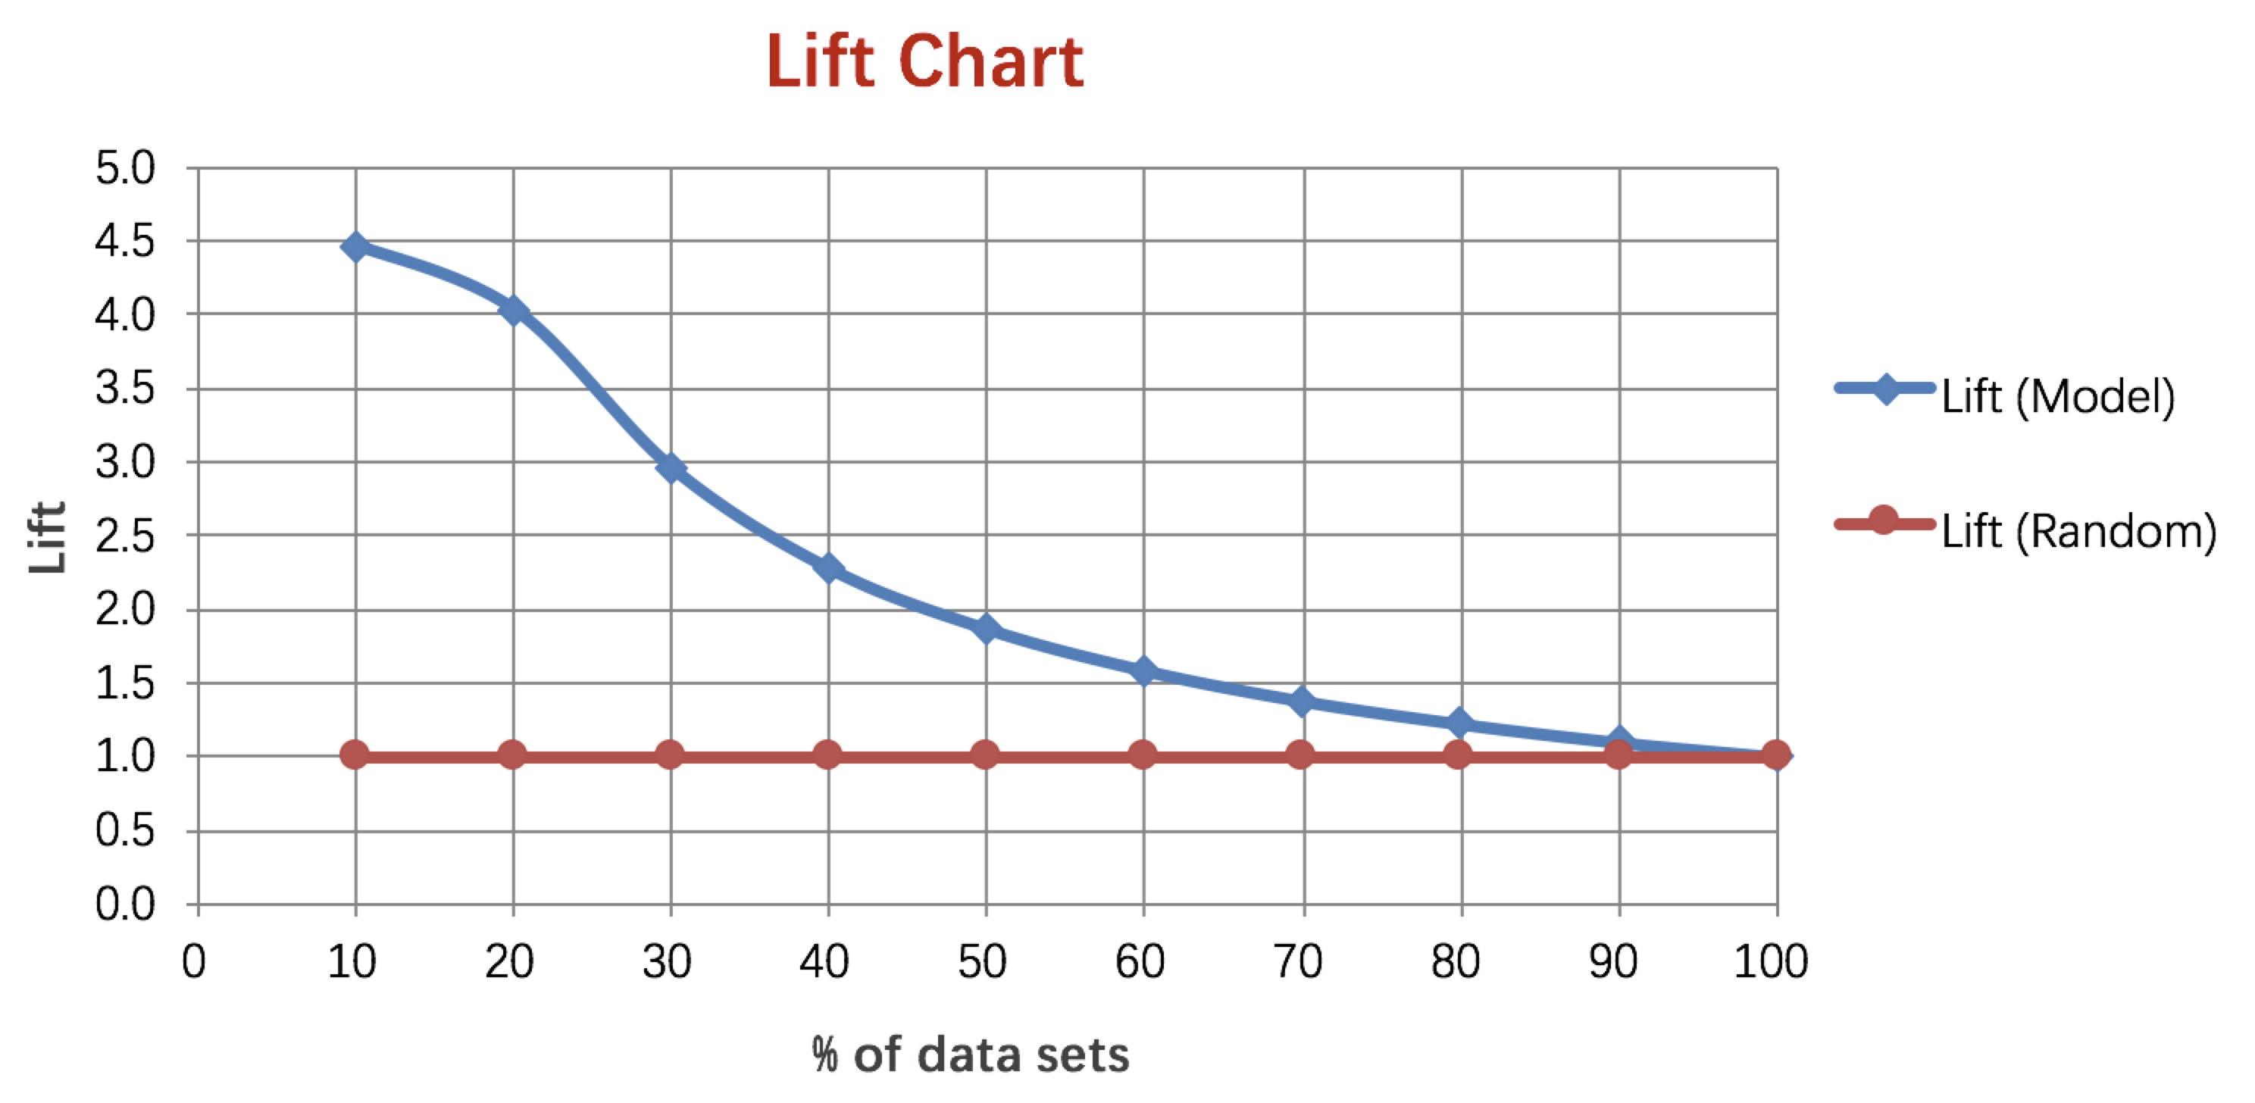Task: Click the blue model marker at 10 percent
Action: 355,247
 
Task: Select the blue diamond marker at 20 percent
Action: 513,310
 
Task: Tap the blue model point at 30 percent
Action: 671,468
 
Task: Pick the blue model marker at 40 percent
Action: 828,569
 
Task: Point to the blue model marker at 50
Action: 987,629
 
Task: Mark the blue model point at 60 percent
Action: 1143,671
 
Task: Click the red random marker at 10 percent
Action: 355,755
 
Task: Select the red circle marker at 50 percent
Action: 986,755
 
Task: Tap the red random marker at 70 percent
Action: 1301,755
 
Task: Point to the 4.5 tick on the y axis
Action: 125,242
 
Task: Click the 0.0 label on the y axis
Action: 125,905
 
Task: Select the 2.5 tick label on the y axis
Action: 125,536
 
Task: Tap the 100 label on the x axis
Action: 1771,961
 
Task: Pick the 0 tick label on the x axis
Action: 194,961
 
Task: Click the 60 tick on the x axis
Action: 1140,961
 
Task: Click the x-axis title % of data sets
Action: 970,1055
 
